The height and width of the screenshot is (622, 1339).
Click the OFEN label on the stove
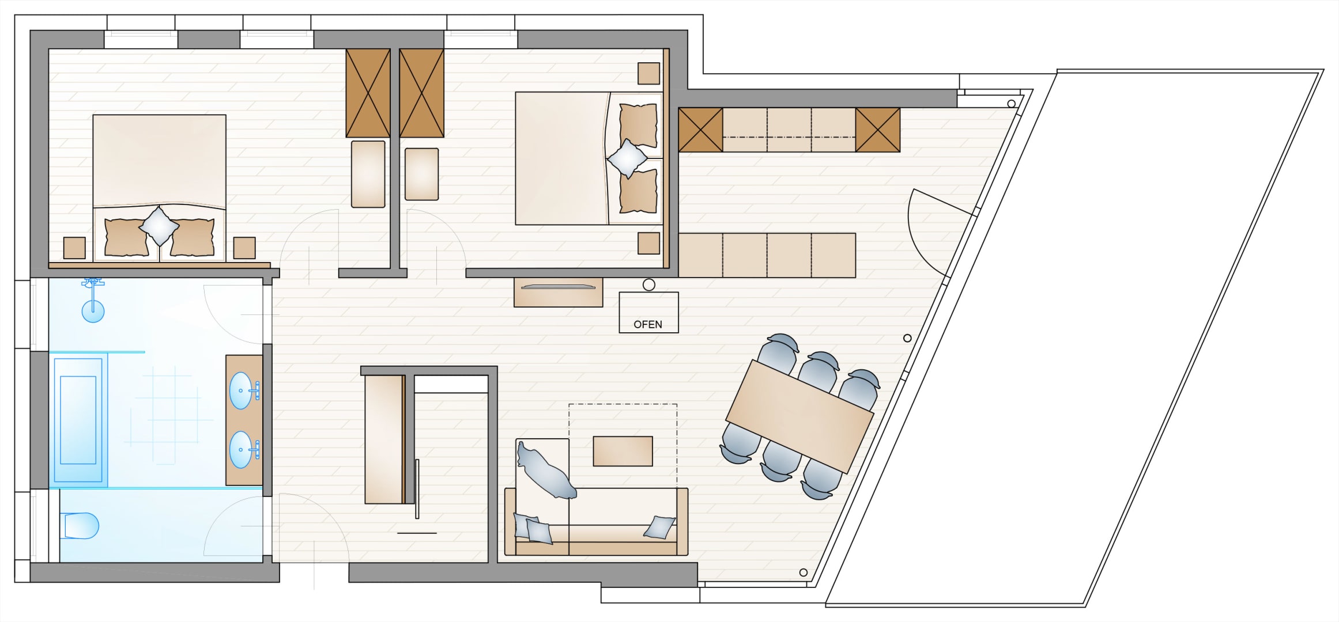pos(648,325)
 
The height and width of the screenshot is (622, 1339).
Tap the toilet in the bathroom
pos(81,526)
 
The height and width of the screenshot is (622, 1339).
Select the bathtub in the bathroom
pos(78,420)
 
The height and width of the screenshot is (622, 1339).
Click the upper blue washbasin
pos(241,390)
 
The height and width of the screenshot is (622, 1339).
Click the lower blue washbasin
pos(241,449)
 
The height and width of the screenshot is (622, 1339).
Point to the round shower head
pos(93,311)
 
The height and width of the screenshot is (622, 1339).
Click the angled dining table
pos(800,416)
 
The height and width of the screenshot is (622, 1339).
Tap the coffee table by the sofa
pos(623,451)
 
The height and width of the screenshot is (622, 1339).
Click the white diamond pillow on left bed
pos(159,226)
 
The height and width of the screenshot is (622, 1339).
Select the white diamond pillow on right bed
pos(628,158)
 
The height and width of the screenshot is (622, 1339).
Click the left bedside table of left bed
pos(74,248)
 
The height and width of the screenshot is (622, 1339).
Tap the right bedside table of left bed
pos(244,248)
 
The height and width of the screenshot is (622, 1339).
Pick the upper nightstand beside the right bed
pos(648,73)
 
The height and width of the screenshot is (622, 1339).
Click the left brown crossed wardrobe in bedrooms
pos(368,93)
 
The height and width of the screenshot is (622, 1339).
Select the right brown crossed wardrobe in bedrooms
pos(421,93)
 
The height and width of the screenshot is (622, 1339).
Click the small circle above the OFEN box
pos(649,285)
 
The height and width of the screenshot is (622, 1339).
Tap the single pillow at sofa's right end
pos(659,527)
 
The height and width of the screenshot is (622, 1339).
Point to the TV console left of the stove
pos(558,292)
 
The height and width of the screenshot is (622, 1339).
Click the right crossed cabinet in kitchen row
pos(877,130)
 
